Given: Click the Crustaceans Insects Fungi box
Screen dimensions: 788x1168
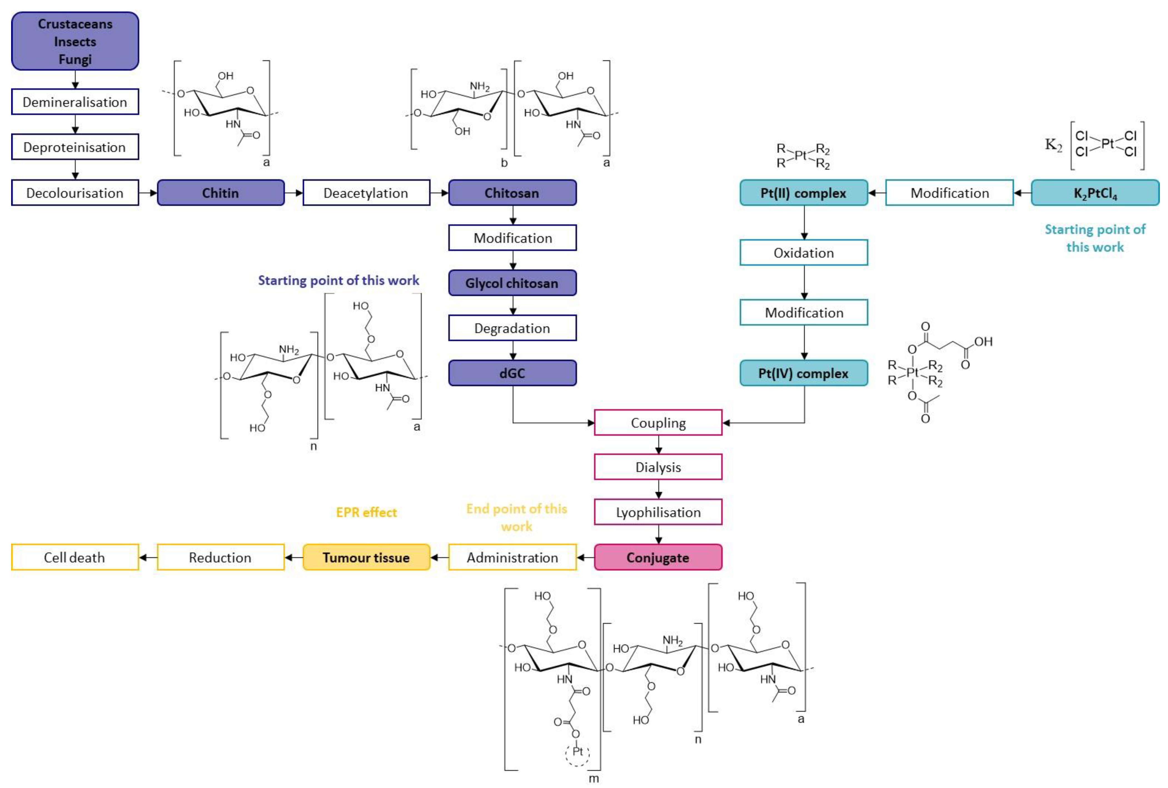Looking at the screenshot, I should click(75, 41).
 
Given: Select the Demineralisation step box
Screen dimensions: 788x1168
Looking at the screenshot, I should click(75, 102).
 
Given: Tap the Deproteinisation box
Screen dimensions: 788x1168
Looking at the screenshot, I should click(75, 147).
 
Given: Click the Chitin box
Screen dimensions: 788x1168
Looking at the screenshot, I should click(221, 193).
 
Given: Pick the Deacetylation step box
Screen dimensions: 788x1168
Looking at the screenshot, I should click(366, 193).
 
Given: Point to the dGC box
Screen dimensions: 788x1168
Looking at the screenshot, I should click(512, 373).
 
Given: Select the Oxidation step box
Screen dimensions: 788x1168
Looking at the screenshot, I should click(804, 253).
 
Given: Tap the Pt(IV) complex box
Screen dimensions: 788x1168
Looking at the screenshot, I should click(804, 373).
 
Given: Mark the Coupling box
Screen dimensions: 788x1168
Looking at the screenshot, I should click(658, 423).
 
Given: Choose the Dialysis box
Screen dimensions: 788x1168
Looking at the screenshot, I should click(658, 467).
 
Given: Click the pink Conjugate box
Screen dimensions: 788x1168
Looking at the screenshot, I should click(658, 557).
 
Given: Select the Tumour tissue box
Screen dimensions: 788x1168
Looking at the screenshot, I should click(366, 557).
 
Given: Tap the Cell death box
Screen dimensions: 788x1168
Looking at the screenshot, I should click(75, 557).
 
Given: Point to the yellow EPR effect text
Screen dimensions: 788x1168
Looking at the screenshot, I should click(366, 512).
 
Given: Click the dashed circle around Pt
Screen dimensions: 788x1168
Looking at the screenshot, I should click(577, 752).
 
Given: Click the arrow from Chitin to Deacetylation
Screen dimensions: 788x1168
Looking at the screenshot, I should click(294, 193).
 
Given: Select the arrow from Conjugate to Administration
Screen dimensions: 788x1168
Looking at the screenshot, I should click(585, 557).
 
